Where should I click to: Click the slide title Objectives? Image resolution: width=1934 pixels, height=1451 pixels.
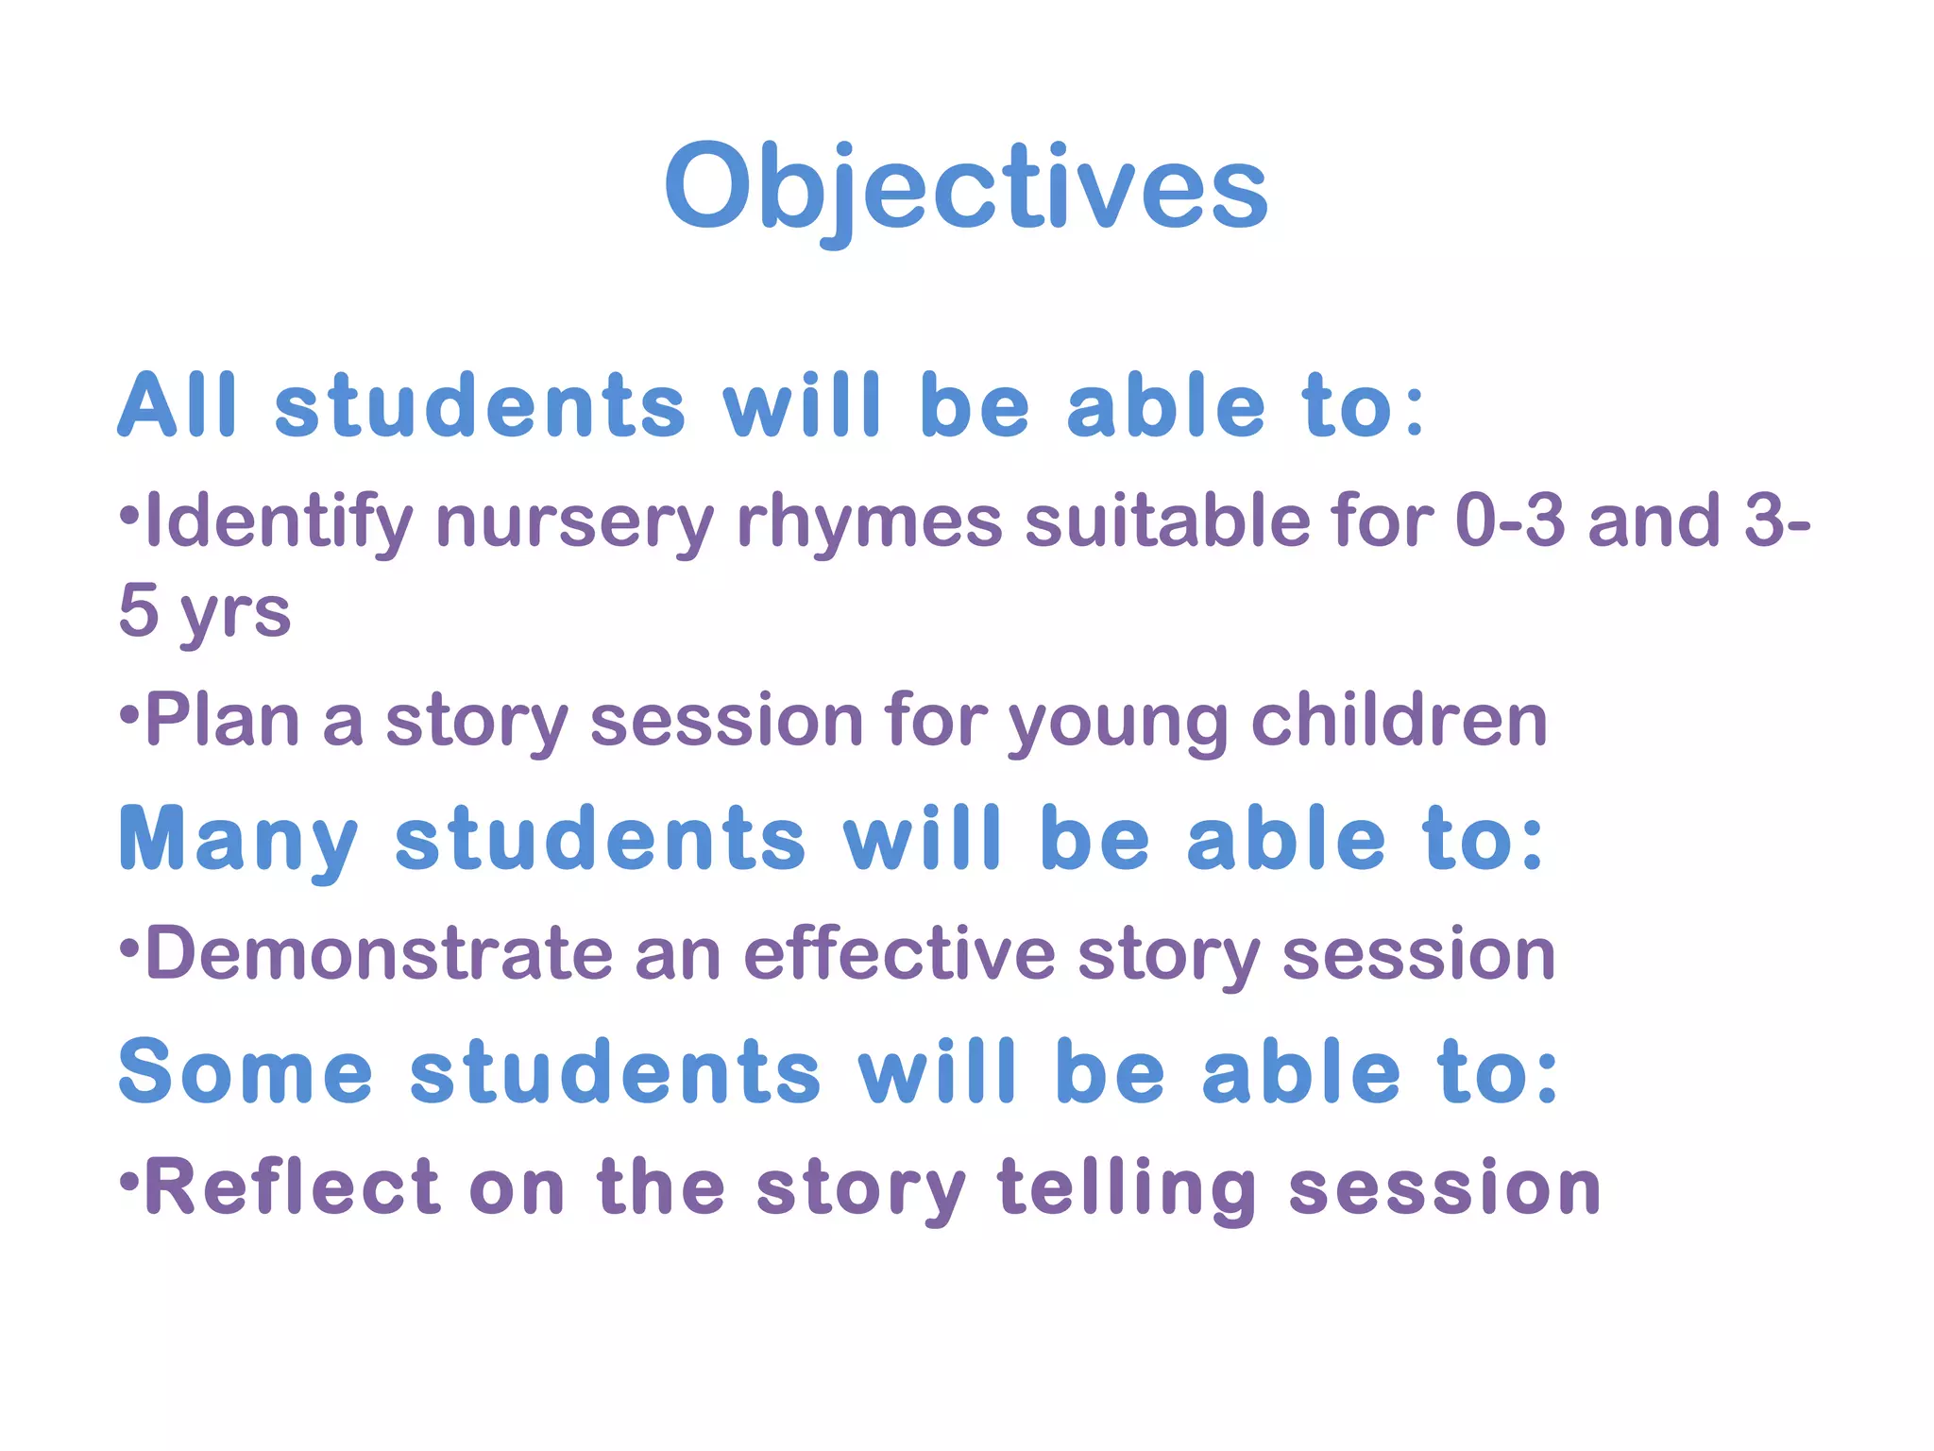click(966, 188)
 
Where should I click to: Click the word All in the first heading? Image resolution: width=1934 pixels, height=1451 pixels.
click(177, 406)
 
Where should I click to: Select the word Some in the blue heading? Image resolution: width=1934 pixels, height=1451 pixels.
click(246, 1071)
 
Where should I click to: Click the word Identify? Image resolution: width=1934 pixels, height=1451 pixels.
click(279, 523)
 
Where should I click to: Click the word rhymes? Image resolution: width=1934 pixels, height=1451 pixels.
click(869, 523)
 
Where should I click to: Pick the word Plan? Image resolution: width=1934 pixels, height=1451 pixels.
click(223, 721)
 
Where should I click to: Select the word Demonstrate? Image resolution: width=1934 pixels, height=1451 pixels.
click(379, 954)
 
